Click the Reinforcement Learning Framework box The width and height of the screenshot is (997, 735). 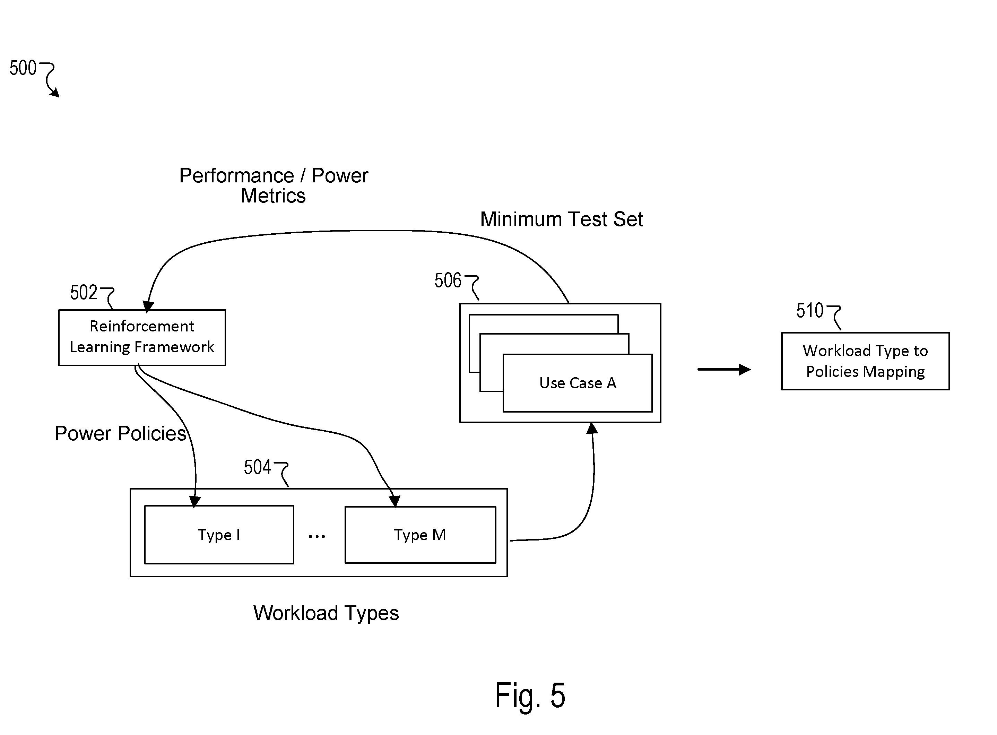[x=142, y=338]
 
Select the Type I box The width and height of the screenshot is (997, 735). [x=219, y=534]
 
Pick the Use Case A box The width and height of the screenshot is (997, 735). [x=578, y=383]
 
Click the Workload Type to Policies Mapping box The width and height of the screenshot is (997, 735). [x=865, y=361]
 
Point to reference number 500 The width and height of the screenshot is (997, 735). [x=23, y=68]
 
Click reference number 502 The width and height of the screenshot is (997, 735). [x=84, y=292]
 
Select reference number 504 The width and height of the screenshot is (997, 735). [x=257, y=467]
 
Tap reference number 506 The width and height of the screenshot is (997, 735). [x=448, y=280]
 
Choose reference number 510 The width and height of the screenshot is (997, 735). [x=810, y=311]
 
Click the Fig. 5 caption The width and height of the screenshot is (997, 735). [x=530, y=695]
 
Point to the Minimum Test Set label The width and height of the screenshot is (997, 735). [x=562, y=219]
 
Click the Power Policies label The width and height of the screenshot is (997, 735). [x=120, y=433]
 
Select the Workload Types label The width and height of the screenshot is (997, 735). [x=326, y=613]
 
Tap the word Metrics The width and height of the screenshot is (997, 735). [x=273, y=196]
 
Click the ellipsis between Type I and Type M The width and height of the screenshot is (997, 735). [x=317, y=537]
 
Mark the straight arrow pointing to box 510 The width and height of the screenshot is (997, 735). [x=724, y=369]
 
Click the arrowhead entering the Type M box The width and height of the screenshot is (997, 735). [x=394, y=501]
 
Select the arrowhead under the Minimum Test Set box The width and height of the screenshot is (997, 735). [x=592, y=428]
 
